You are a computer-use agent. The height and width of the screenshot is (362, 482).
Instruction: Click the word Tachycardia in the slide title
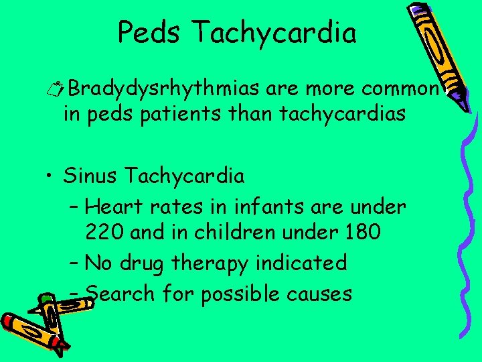(x=276, y=32)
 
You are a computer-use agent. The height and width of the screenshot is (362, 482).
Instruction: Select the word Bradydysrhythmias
(x=165, y=88)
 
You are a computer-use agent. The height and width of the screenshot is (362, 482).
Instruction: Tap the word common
(x=400, y=88)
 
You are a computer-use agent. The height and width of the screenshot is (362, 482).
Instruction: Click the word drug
(x=147, y=263)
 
